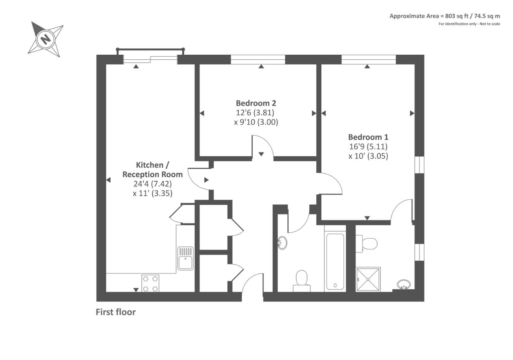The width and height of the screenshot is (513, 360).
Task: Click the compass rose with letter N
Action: coord(46,39)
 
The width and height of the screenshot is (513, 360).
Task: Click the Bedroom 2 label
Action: coord(256,103)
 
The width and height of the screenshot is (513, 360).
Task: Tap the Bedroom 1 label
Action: coord(368,137)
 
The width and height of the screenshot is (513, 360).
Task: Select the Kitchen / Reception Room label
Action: coord(152,170)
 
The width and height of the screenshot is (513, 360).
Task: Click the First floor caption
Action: coord(116,312)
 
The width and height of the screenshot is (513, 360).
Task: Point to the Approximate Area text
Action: coord(444,16)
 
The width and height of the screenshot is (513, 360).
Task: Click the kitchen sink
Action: coord(185,258)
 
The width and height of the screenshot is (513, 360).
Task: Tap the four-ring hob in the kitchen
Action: coord(150,283)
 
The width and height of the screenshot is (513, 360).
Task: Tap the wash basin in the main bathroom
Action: coord(282,243)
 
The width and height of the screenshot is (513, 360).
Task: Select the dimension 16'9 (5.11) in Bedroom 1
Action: coord(368,147)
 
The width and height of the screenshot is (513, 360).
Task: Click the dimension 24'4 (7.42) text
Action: coord(152,184)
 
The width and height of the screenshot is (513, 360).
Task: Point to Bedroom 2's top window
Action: coord(258,59)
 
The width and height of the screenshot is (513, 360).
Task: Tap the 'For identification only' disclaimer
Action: coord(469,24)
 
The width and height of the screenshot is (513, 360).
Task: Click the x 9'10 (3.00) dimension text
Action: coord(256,122)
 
